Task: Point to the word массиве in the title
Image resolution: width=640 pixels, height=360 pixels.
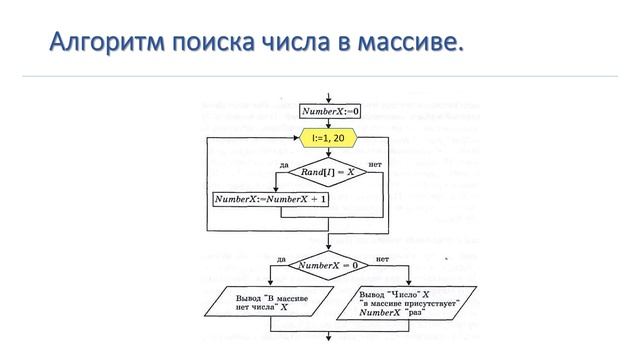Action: (412, 43)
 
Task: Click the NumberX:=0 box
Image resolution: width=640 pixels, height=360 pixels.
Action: (331, 112)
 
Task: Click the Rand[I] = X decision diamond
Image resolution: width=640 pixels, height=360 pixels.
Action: (330, 174)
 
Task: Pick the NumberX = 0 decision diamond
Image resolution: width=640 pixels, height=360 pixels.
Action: (330, 265)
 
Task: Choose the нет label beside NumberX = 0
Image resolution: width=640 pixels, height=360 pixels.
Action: (382, 258)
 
